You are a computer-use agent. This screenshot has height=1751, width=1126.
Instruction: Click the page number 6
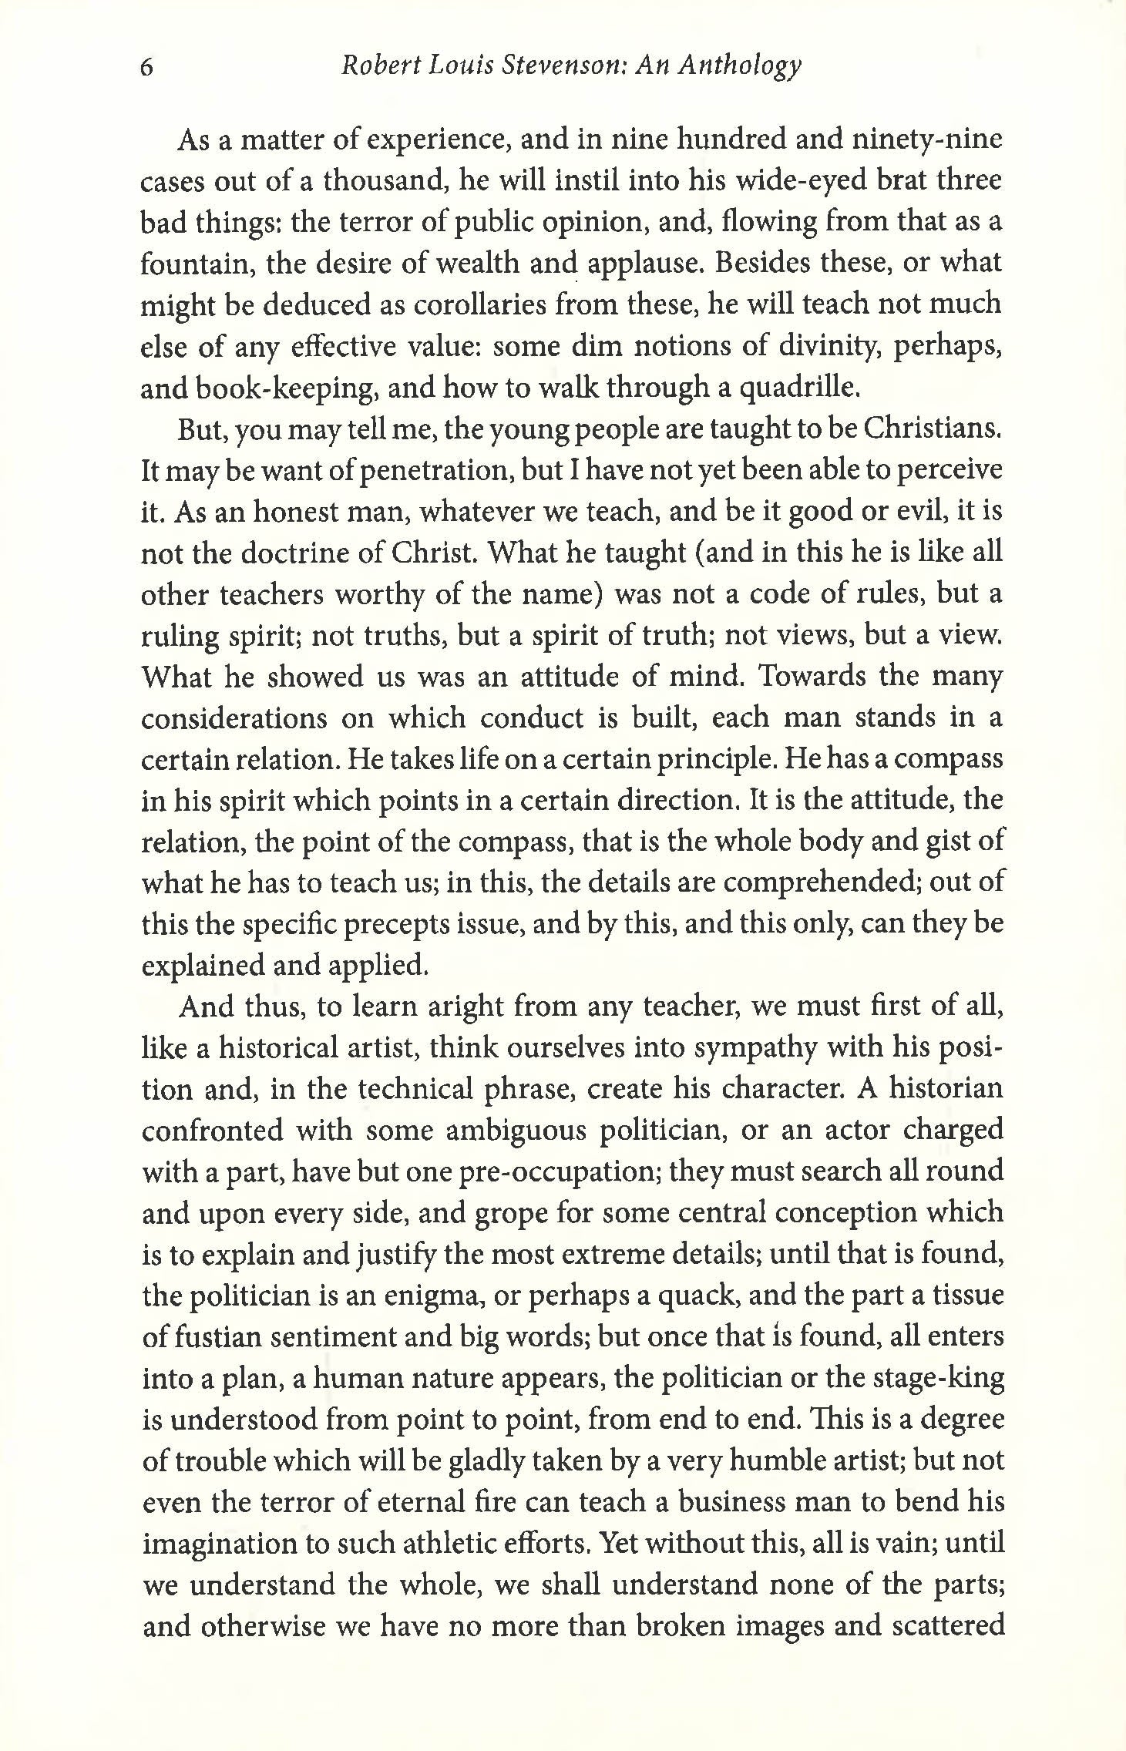point(148,68)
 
